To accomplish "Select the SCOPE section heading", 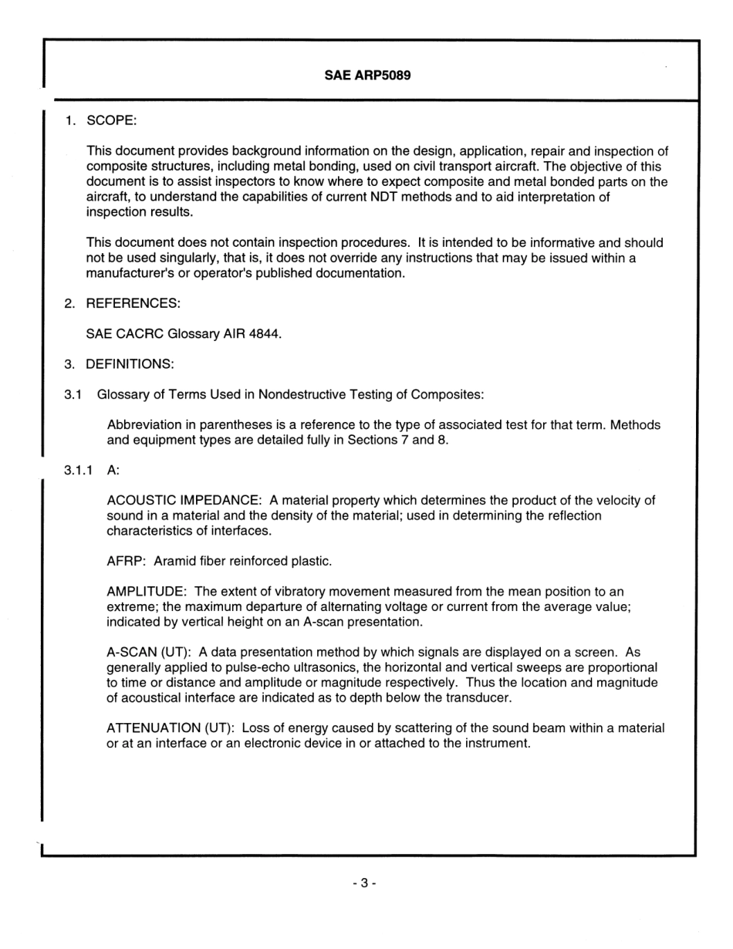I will click(x=111, y=121).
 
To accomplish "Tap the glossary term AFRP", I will click(x=126, y=561).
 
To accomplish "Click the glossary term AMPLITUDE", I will click(x=146, y=591).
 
